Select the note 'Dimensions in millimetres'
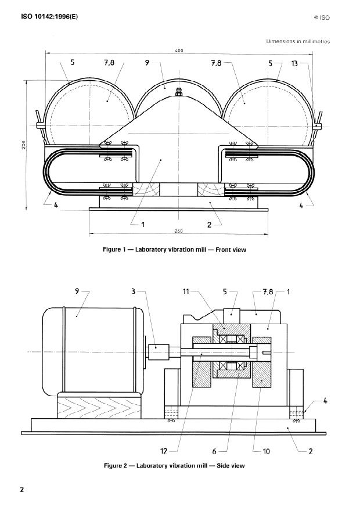(x=298, y=41)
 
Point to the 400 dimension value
(x=179, y=51)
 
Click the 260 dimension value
(x=179, y=231)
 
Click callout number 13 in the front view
(x=295, y=63)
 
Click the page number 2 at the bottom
(x=22, y=490)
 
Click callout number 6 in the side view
(x=222, y=451)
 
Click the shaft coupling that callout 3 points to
(x=158, y=352)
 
